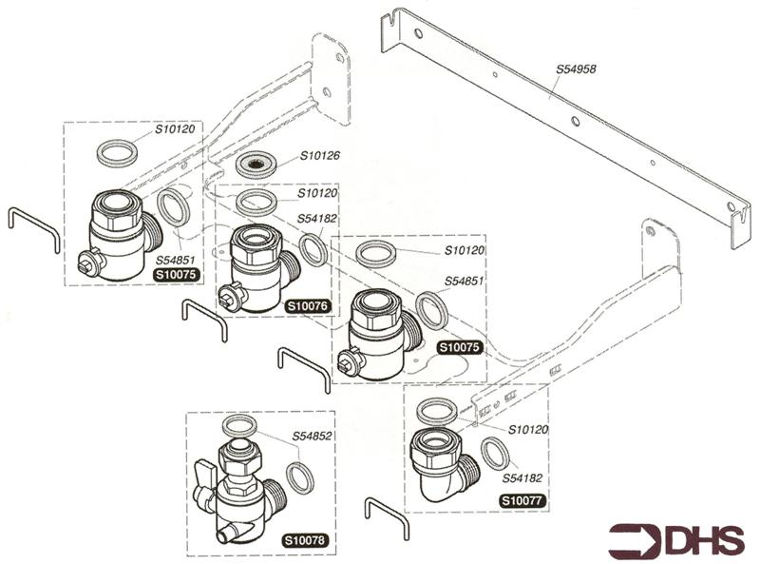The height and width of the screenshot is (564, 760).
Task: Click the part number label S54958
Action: (578, 69)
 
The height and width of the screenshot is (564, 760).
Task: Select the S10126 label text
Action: (320, 156)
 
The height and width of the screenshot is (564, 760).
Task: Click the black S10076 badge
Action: (307, 305)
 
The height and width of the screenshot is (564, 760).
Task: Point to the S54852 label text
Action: (311, 437)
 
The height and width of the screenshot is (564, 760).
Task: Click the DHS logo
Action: (676, 539)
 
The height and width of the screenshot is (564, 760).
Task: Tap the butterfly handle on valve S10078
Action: (206, 473)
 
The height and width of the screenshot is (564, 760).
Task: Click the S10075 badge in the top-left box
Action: (175, 275)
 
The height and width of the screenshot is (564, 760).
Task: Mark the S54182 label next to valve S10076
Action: (317, 218)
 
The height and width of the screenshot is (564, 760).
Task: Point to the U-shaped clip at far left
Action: (33, 229)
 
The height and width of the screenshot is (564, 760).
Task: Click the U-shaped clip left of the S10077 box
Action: (387, 517)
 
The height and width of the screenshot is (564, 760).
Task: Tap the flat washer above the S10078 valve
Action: (238, 426)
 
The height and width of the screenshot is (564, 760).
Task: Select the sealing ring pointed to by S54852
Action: (299, 477)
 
